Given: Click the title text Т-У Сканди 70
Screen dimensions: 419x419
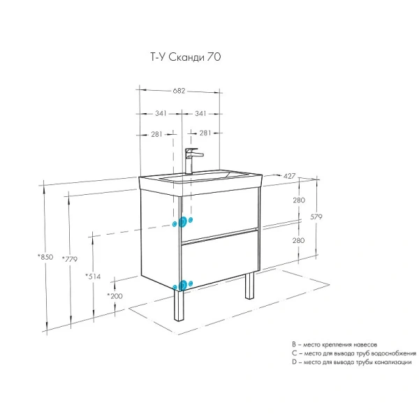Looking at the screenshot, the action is click(x=186, y=57).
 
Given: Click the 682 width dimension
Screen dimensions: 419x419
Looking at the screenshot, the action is click(x=179, y=91).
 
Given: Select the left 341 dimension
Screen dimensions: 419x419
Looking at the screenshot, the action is click(x=161, y=113).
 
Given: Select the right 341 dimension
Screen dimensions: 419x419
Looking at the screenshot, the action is click(x=200, y=113).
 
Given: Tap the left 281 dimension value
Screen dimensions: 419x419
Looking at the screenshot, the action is click(x=156, y=134).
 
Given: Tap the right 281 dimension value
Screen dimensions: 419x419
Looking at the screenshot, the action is click(x=205, y=133).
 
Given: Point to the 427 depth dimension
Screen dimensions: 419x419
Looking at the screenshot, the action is click(x=289, y=176).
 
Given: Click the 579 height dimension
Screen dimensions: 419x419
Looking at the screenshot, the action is click(x=316, y=216).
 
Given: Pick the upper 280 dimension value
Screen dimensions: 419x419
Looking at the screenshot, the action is click(x=299, y=200).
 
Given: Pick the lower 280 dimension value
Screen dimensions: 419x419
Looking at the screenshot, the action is click(x=298, y=240).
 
